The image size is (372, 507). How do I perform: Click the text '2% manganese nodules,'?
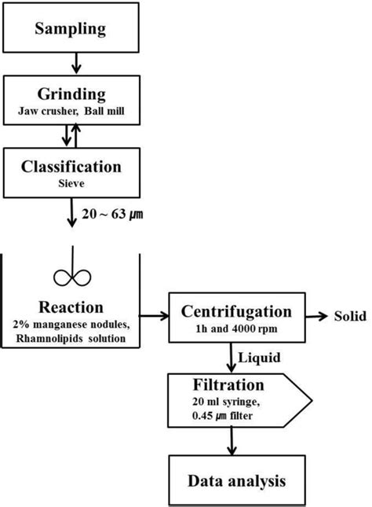pos(72,324)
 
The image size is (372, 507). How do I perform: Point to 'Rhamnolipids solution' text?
pos(72,339)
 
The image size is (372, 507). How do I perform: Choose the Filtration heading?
pos(231,386)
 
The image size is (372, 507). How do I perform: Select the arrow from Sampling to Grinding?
pos(73,61)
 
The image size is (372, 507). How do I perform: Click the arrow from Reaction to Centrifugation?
pos(154,316)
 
